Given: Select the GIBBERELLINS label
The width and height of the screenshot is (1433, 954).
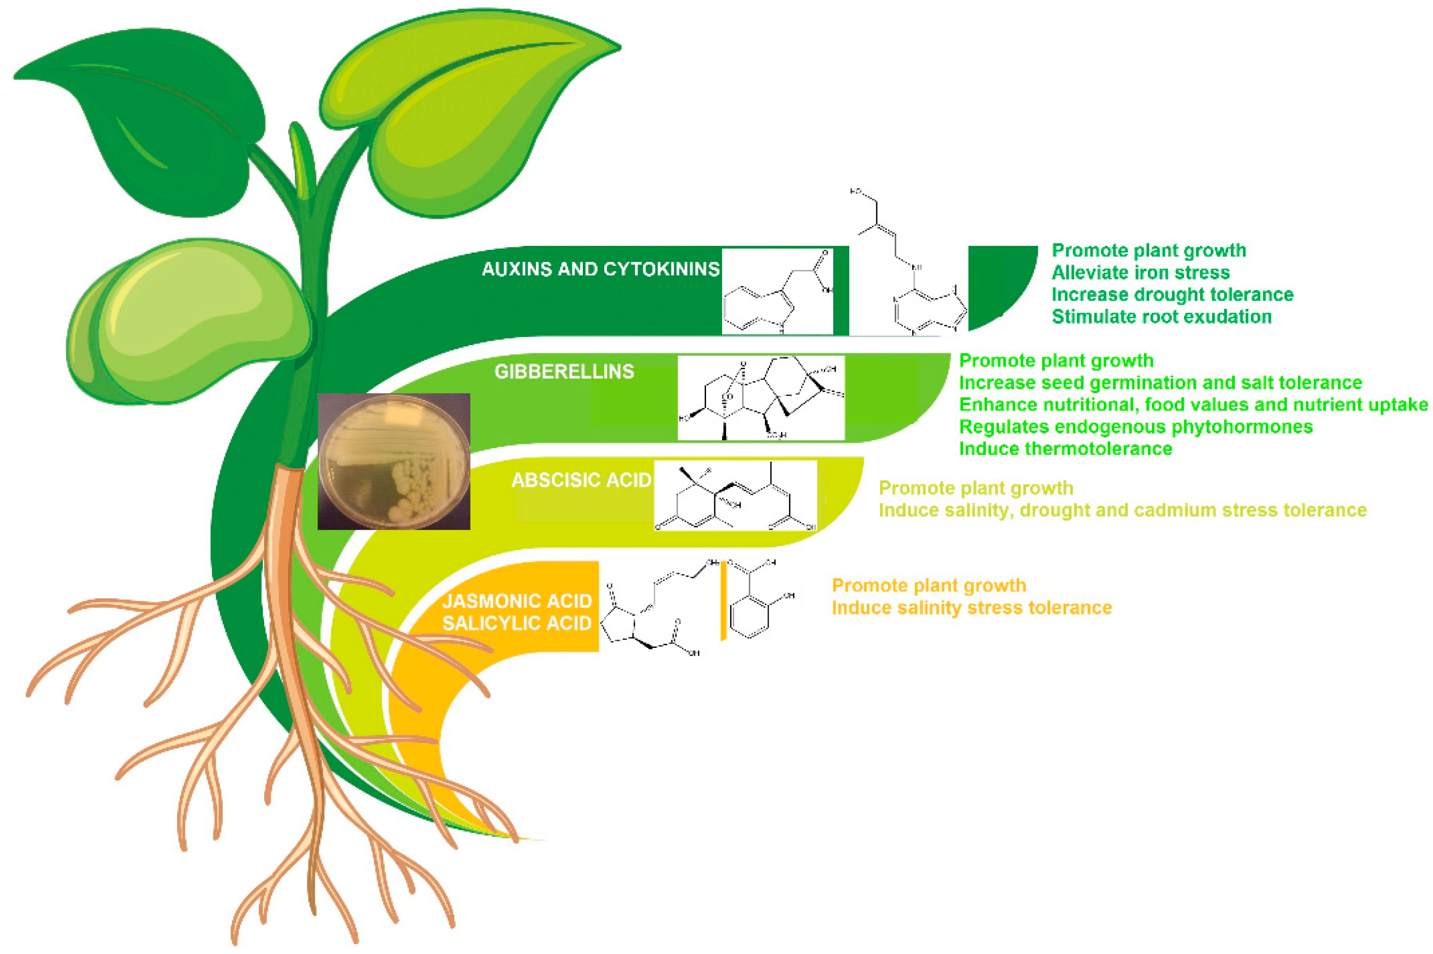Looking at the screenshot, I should coord(564,371).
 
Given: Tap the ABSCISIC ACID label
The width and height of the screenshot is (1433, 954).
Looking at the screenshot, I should coord(581,480).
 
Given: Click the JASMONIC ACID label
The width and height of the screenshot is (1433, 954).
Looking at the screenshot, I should coord(517,601).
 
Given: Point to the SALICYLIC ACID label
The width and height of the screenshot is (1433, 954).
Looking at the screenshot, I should coord(517,623).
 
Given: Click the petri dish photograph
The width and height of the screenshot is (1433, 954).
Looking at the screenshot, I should coord(393,461).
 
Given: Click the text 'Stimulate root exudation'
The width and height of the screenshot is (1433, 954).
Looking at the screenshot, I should coord(1161,316).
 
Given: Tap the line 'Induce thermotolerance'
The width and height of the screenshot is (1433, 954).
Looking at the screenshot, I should coord(1065,449).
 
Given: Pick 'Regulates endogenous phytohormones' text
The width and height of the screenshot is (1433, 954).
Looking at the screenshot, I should coord(1136,426).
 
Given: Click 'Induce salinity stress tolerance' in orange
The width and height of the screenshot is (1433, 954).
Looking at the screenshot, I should coord(971,607).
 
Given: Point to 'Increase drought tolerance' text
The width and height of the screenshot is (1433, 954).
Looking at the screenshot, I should coord(1172,294).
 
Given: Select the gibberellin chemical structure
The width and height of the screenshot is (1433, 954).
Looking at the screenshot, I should coord(761,398).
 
